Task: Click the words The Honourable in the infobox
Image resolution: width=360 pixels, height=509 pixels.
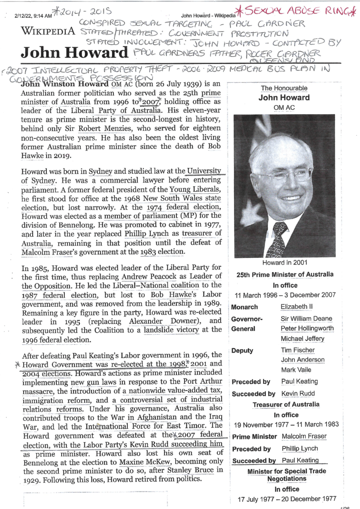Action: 284,88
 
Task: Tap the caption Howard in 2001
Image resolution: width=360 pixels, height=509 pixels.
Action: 284,263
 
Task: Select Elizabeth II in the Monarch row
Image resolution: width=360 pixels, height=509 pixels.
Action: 299,307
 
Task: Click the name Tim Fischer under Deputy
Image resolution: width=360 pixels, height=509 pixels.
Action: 297,350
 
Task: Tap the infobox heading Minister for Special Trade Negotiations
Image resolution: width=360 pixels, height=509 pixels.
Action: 286,475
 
